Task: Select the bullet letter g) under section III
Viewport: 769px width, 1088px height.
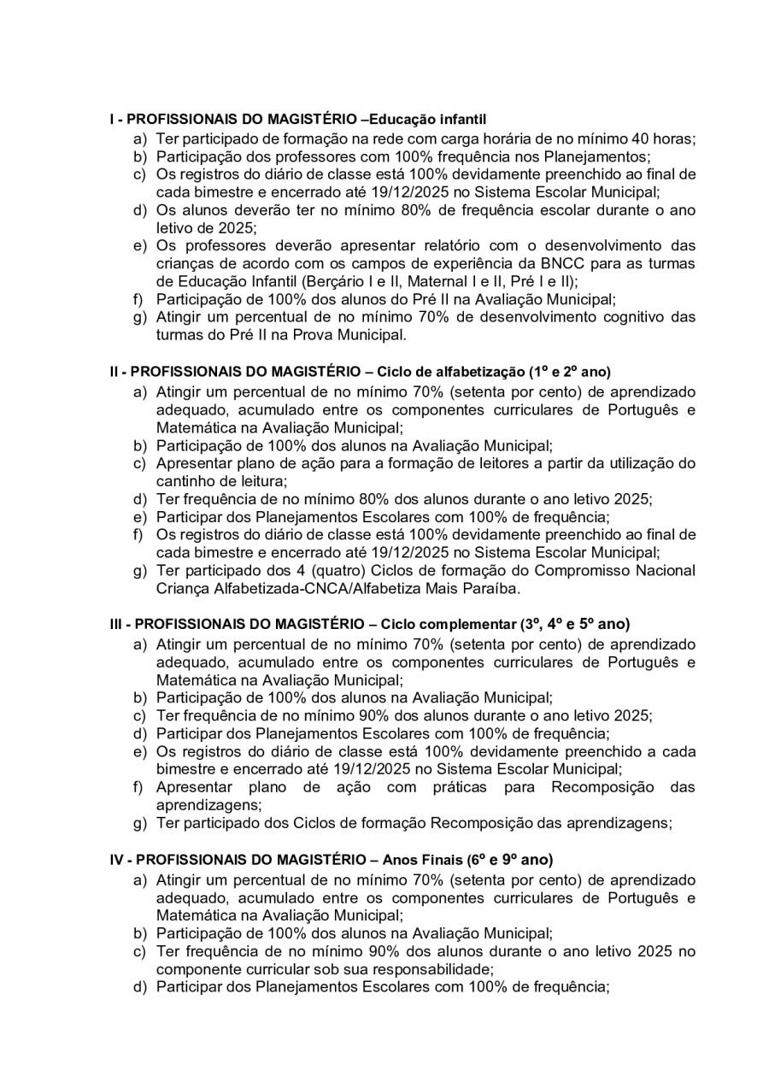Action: pos(138,824)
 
